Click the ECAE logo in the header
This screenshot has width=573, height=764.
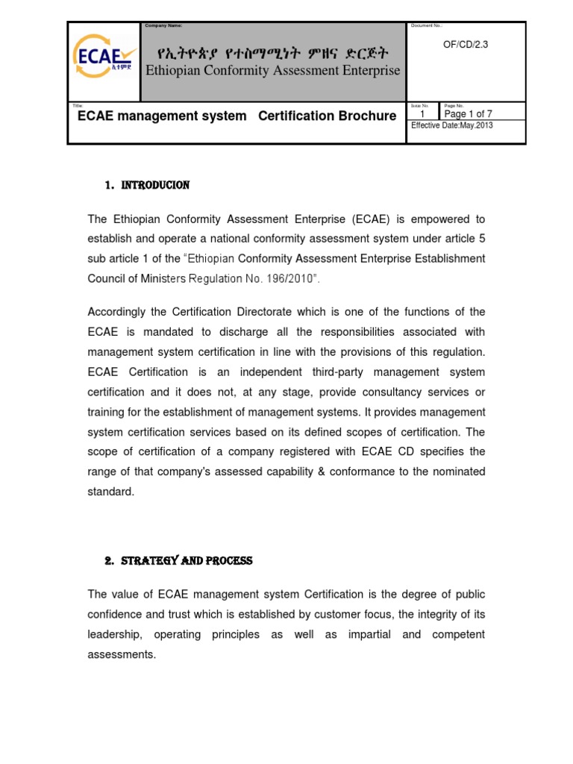[104, 60]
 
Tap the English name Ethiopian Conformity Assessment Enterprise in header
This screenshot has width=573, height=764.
[272, 71]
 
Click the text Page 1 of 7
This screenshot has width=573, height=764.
[468, 114]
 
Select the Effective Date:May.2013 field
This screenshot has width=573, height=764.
[452, 125]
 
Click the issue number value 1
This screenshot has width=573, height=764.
[423, 114]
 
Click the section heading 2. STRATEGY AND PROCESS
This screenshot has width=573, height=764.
[178, 561]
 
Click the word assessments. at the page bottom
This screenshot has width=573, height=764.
[122, 654]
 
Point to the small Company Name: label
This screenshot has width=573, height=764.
[163, 26]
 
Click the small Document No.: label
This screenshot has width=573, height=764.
[428, 26]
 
